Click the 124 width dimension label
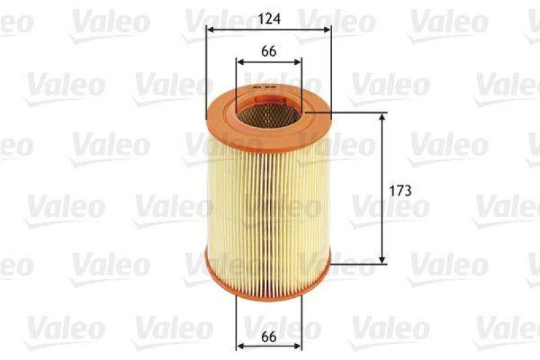[269, 18]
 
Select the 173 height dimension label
[400, 190]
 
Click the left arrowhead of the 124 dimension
[210, 29]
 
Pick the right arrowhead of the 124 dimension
[328, 29]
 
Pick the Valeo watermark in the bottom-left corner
[64, 329]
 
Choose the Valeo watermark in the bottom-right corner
[506, 329]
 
